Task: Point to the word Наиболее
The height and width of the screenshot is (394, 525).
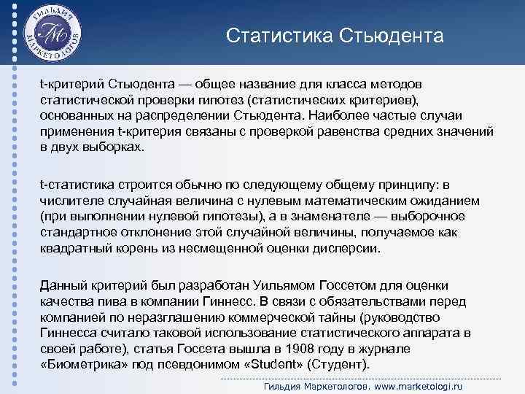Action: [x=339, y=115]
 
